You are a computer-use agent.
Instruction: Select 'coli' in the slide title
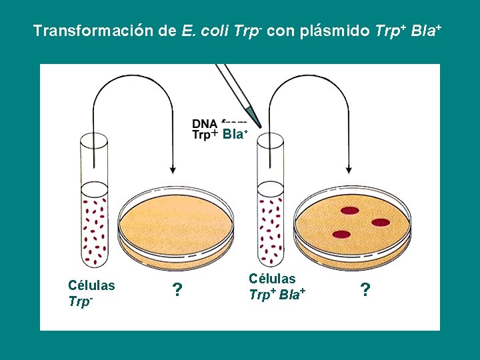212,31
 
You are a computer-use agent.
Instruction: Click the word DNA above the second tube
203,123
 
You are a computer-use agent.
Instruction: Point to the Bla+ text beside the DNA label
235,134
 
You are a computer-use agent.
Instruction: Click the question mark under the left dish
177,290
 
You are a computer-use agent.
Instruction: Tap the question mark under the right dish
365,290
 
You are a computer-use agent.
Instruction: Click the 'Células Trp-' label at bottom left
91,293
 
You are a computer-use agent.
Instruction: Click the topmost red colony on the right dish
350,210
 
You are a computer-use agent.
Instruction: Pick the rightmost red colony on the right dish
381,222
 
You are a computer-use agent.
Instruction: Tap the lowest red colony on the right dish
341,234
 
